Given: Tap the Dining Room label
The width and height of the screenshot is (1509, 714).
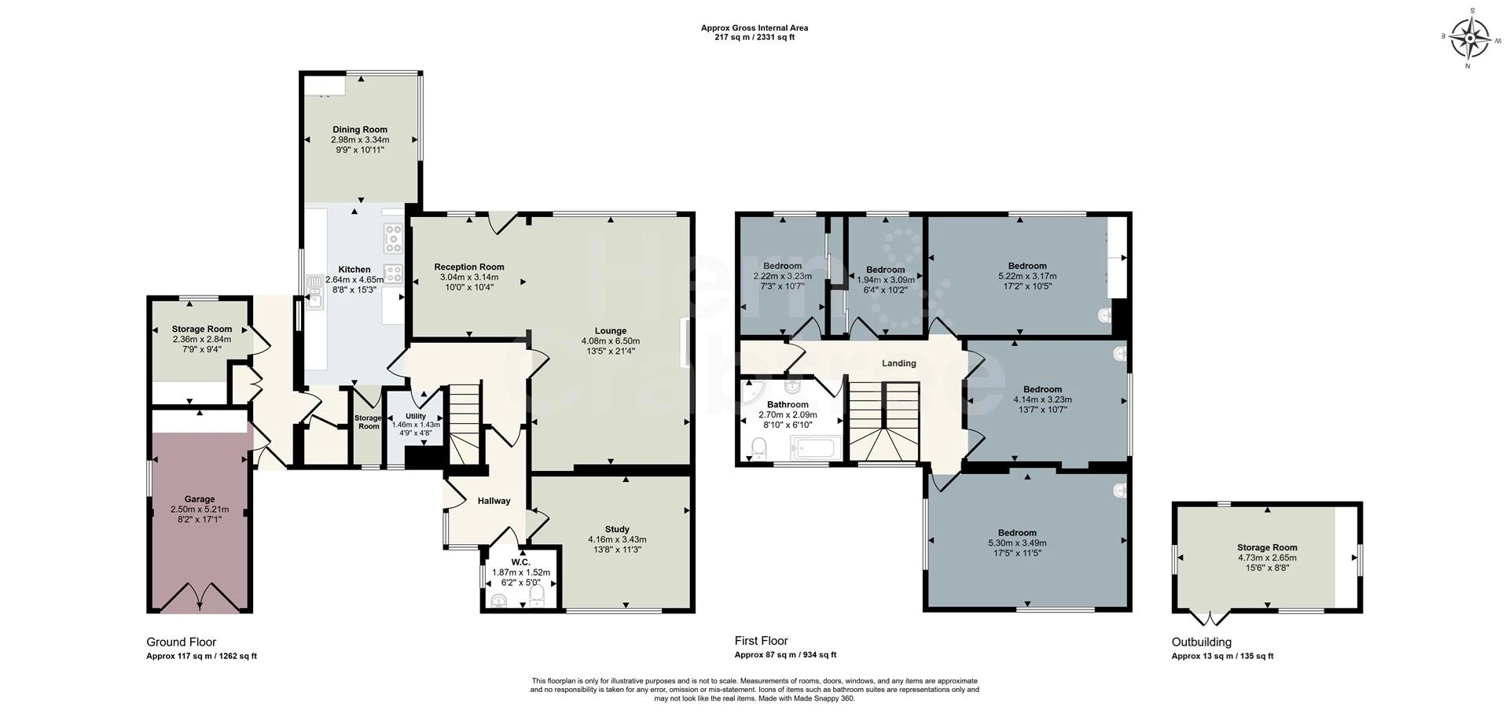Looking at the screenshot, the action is pos(360,130).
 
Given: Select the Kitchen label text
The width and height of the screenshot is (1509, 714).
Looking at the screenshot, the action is pos(354,270).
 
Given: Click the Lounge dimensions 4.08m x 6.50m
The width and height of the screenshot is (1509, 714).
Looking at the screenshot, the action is pos(611,341).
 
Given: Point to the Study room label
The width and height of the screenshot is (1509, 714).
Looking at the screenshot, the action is pos(617,529).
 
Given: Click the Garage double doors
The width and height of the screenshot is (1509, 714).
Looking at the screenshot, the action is pos(200,597).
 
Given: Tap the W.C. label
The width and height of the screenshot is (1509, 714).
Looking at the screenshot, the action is pos(520,562).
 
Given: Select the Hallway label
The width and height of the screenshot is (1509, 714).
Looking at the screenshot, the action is pos(494,501).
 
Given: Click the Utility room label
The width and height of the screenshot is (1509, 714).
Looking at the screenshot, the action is pos(416,416).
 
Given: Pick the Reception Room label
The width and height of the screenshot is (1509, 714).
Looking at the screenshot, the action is pos(469,267).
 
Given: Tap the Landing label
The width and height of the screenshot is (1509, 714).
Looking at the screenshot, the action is pos(899,363).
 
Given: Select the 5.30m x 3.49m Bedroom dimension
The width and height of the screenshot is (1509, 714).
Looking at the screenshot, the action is pos(1017,543).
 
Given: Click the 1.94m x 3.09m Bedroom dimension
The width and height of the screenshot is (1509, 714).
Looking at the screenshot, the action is pos(885,280).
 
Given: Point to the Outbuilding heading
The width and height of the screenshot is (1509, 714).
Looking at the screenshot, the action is pos(1202,642).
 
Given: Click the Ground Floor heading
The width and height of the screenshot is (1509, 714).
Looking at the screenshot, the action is pos(181,642).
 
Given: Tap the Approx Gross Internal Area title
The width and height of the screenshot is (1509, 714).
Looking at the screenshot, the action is pos(754,28).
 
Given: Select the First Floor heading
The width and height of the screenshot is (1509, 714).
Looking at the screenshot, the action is pos(761,641).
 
